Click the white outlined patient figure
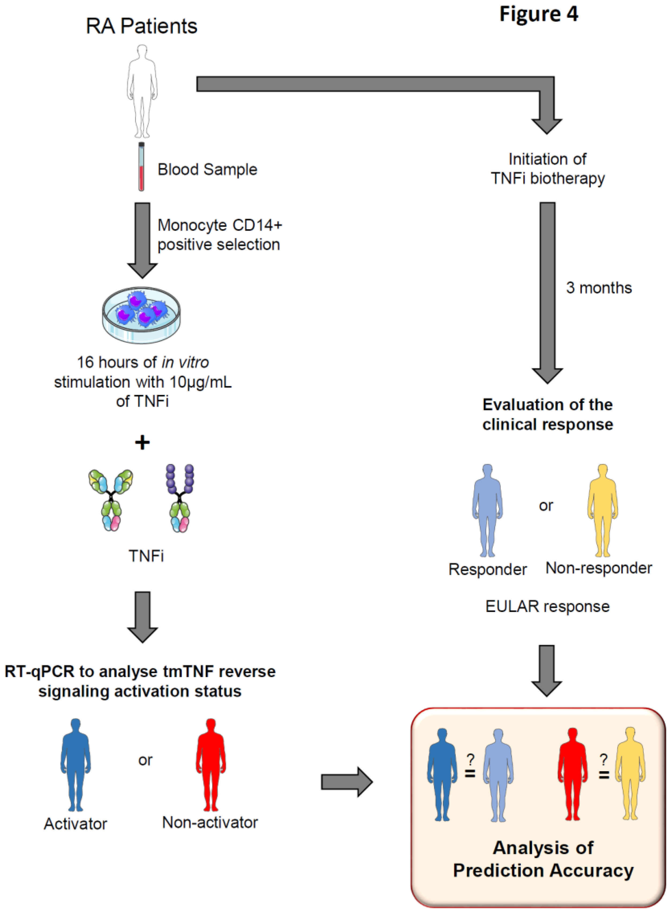click(x=142, y=91)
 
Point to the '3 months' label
click(x=599, y=288)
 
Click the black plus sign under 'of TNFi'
click(x=142, y=442)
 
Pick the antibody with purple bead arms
click(x=180, y=498)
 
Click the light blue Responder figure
click(x=487, y=510)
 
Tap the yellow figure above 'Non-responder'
click(x=603, y=510)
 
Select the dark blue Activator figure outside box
click(x=76, y=764)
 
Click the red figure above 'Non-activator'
click(x=210, y=764)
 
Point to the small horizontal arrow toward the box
click(x=346, y=782)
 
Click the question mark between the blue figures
click(x=470, y=759)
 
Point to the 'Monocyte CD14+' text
click(x=219, y=225)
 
